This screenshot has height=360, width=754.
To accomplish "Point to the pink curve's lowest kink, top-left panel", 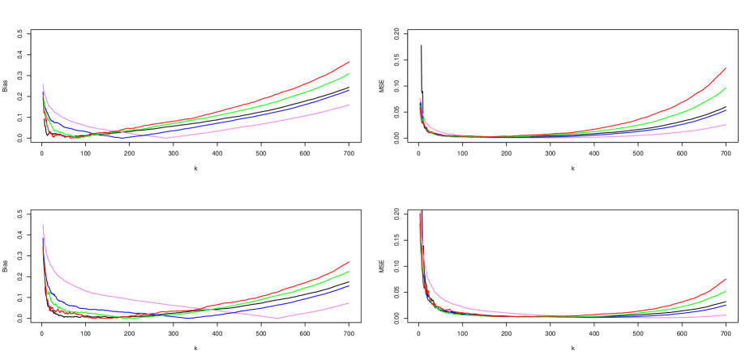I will click(x=166, y=138).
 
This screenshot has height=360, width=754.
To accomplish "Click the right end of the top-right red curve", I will click(x=725, y=69).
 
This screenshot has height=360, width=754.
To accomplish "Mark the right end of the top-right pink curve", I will click(x=725, y=125).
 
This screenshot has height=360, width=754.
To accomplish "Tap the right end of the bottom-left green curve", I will click(x=349, y=271).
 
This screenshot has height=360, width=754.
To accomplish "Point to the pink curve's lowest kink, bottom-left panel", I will click(x=277, y=318).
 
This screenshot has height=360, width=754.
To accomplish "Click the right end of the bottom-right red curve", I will click(x=725, y=279).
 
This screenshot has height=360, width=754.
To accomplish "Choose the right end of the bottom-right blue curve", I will click(x=725, y=305).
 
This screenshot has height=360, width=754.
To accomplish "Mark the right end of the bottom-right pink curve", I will click(x=725, y=315).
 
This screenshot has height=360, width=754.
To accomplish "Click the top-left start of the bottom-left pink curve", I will click(x=43, y=225).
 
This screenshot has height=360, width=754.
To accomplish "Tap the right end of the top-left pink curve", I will click(x=349, y=105).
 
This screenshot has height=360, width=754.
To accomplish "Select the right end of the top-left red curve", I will click(x=349, y=62).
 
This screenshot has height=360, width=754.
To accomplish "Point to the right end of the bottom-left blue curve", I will click(x=349, y=285).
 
